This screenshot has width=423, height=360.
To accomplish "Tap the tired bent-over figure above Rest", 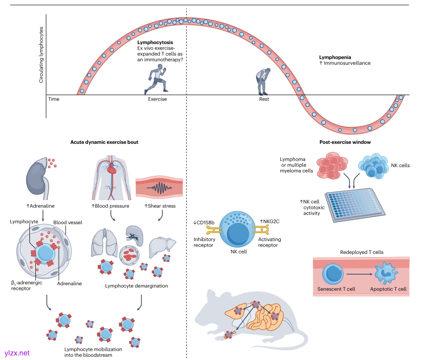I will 263,79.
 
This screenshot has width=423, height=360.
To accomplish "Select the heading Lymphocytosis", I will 156,42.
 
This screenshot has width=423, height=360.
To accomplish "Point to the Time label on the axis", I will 54,99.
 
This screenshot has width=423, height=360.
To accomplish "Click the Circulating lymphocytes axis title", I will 41,55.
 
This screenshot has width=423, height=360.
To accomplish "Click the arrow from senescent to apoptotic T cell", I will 360,274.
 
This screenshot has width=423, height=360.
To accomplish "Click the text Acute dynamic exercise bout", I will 104,142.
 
